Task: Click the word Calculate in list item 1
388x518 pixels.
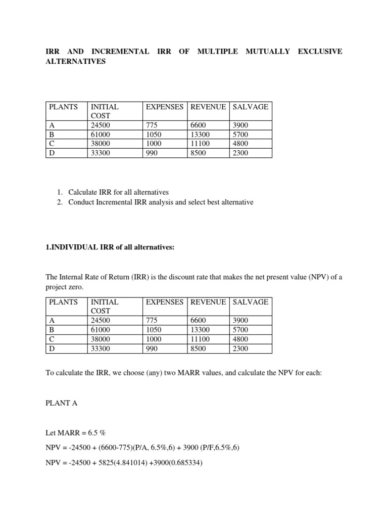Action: pyautogui.click(x=86, y=192)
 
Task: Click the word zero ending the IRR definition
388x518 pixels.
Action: pyautogui.click(x=77, y=286)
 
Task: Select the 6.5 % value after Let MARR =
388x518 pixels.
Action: pyautogui.click(x=100, y=434)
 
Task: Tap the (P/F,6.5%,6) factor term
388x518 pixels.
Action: pyautogui.click(x=221, y=448)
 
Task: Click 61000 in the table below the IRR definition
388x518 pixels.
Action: pyautogui.click(x=101, y=330)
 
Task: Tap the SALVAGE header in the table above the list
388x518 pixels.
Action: pyautogui.click(x=250, y=107)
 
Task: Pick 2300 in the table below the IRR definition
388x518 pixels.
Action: pyautogui.click(x=240, y=349)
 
